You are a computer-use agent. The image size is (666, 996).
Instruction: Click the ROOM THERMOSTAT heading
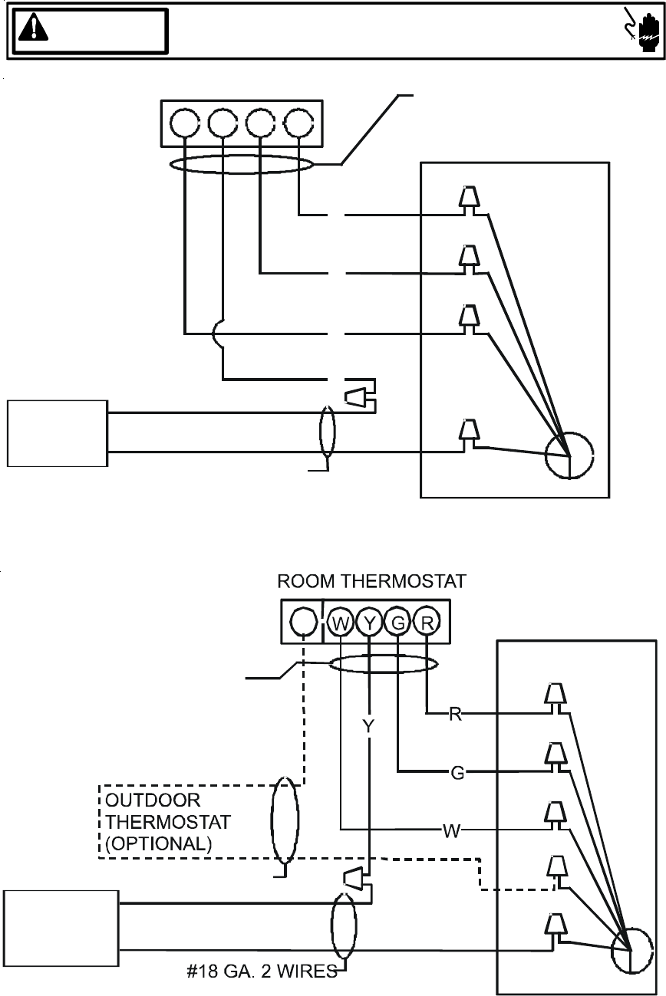click(371, 581)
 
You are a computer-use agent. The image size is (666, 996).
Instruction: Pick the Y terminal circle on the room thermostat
click(370, 622)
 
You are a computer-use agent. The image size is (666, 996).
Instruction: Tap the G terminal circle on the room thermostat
click(398, 622)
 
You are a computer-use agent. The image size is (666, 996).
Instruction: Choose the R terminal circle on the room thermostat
click(427, 622)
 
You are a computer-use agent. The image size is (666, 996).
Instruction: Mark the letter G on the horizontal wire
click(457, 773)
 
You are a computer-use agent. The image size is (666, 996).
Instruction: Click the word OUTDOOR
click(153, 801)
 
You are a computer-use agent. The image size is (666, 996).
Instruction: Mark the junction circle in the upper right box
click(569, 456)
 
